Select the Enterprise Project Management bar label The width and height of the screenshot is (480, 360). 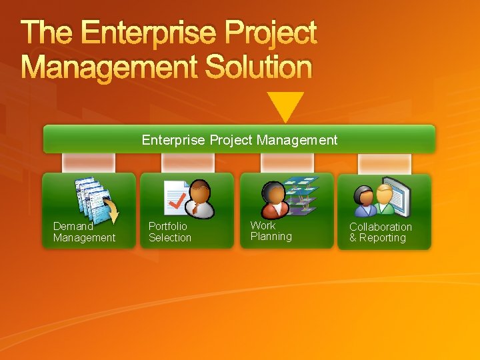point(239,140)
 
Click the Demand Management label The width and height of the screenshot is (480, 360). point(84,232)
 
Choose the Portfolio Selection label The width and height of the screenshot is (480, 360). point(169,232)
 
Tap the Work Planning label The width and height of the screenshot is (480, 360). point(271,231)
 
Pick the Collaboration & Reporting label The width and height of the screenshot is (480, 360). point(381,232)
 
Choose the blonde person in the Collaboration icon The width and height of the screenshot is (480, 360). point(385,200)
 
